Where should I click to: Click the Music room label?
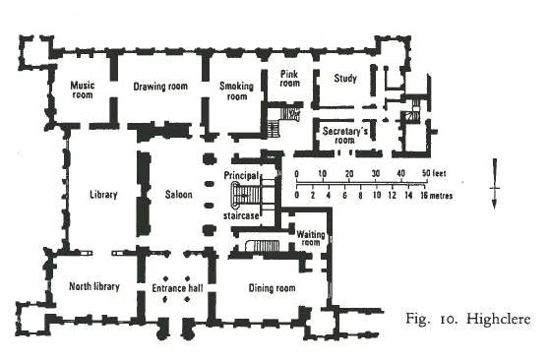tap(83, 90)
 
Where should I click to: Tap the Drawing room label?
tap(160, 87)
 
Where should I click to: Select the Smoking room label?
tap(236, 91)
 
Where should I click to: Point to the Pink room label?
tap(289, 79)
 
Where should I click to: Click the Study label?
tap(345, 78)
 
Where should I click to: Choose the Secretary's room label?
tap(345, 136)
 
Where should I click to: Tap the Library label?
tap(103, 195)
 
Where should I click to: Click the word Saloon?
tap(178, 195)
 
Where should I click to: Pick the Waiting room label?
tap(311, 238)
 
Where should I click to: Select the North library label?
tap(94, 286)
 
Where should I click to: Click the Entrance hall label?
tap(177, 288)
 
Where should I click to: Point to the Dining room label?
tap(272, 288)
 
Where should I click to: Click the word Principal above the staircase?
tap(241, 175)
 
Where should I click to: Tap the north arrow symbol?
tap(495, 184)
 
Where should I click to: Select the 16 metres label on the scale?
tap(436, 196)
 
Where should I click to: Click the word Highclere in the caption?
tap(499, 319)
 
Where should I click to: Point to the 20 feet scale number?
tap(349, 173)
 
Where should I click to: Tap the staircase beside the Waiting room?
tap(263, 246)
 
